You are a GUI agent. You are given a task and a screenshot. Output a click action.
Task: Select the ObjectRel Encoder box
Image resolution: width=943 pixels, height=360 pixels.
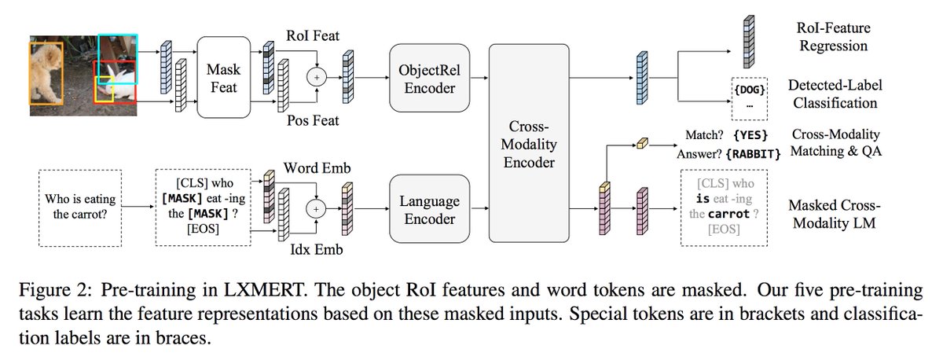[x=429, y=77]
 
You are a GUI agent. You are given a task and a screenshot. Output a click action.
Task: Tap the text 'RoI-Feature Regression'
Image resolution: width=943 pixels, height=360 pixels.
[x=833, y=37]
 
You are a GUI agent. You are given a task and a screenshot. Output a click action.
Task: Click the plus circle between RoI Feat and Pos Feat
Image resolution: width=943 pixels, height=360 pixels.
[x=317, y=77]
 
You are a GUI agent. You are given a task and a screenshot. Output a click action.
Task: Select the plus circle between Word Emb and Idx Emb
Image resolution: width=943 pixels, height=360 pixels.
[x=317, y=209]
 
